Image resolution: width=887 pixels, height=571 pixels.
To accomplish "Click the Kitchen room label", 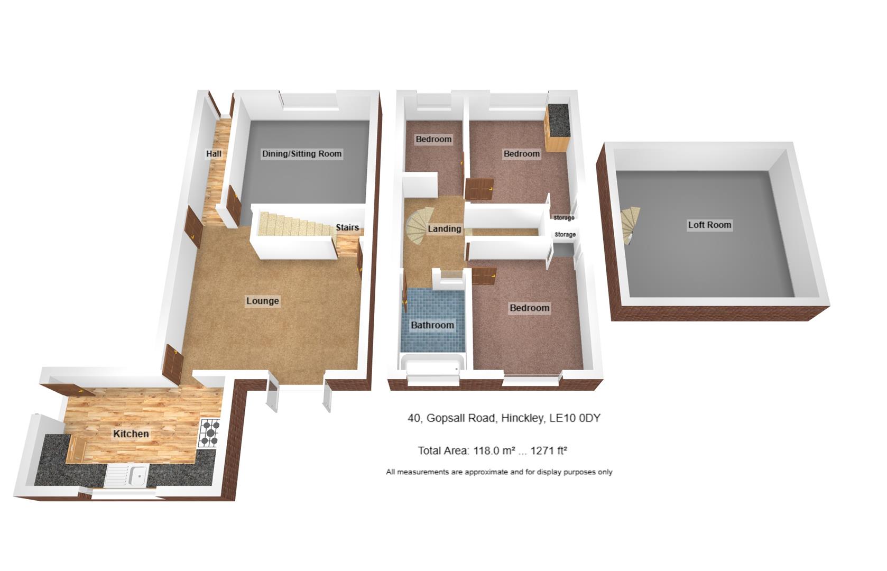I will (131, 434).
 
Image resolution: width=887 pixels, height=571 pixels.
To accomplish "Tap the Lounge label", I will (263, 301).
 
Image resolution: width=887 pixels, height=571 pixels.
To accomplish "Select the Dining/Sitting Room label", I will (302, 154).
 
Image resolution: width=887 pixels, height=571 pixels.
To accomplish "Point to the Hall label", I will (214, 154).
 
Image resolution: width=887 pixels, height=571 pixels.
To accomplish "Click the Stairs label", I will (347, 228).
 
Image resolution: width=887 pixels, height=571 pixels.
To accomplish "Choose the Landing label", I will (444, 229).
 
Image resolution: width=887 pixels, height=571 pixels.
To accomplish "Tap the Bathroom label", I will (432, 325).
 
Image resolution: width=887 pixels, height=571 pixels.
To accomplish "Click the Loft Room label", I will (709, 225).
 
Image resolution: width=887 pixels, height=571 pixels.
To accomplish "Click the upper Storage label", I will (564, 218).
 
